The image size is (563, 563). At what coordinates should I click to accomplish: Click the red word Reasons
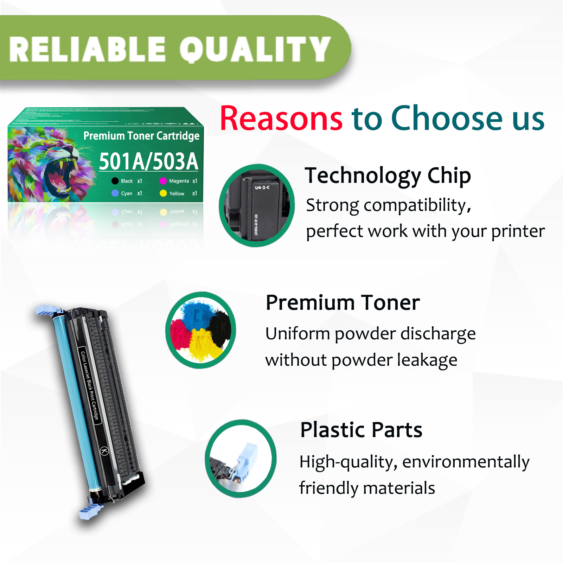point(281,119)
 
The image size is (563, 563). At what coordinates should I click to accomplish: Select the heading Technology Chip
point(388,176)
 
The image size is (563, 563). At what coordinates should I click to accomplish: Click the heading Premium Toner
point(343,303)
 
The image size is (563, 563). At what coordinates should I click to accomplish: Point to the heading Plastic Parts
point(361,430)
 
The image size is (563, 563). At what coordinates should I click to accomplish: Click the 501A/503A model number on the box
point(148,162)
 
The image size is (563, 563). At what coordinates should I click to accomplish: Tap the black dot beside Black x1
point(115,181)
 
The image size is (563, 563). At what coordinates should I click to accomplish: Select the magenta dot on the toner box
point(163,181)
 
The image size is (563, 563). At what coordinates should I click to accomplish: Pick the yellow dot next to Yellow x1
point(163,193)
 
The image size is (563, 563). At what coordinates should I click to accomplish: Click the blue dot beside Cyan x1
point(115,193)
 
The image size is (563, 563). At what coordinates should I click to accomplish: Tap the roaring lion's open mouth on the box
point(60,176)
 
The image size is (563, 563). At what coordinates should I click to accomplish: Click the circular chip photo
point(257,205)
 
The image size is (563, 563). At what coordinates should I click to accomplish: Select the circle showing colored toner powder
point(201,330)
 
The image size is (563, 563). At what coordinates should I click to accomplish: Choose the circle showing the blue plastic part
point(241,459)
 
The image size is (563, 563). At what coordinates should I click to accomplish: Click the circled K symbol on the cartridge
point(104,451)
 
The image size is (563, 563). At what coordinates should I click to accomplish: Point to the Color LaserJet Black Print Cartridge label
point(90,385)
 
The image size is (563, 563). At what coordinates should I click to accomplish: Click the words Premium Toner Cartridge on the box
point(141,136)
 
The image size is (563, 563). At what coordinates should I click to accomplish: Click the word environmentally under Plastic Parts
point(466,462)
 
